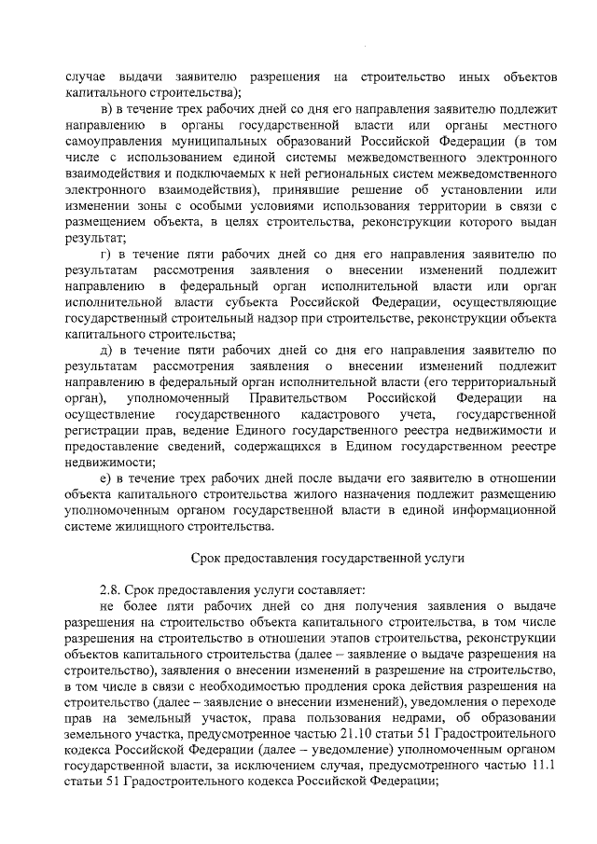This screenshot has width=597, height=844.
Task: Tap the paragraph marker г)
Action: [104, 253]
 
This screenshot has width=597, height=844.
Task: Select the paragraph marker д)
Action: [105, 350]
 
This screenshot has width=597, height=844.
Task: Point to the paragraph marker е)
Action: [105, 478]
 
